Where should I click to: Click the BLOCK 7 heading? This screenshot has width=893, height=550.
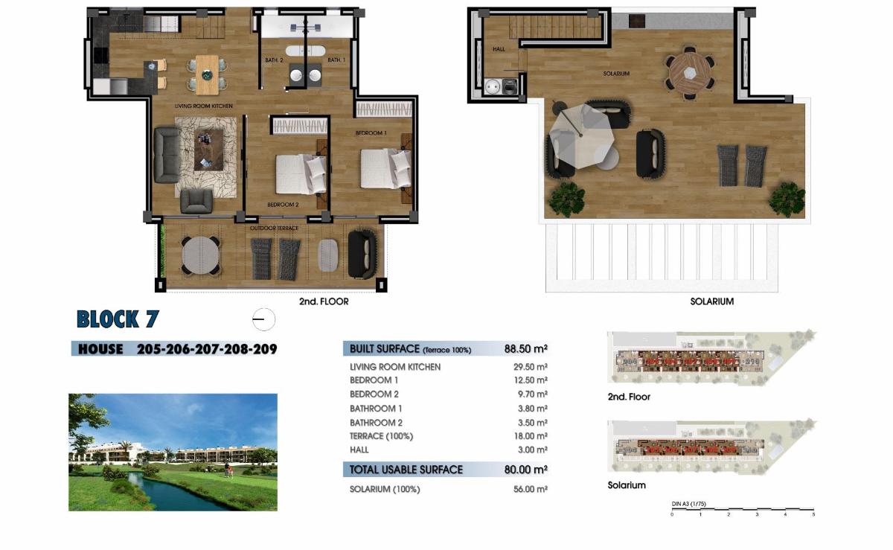pyautogui.click(x=118, y=319)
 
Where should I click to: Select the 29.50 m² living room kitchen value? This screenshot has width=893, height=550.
pyautogui.click(x=531, y=367)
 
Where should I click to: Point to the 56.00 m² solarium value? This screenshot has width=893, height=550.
pyautogui.click(x=531, y=489)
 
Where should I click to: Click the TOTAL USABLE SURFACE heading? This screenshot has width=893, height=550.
pyautogui.click(x=406, y=470)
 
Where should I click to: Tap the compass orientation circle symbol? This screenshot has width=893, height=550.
pyautogui.click(x=263, y=320)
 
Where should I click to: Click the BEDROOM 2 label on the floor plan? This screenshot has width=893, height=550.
pyautogui.click(x=283, y=204)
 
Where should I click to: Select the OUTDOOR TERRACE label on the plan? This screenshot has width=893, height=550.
pyautogui.click(x=274, y=228)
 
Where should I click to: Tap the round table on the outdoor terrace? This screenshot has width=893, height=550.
pyautogui.click(x=201, y=255)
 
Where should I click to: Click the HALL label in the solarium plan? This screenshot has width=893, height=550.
pyautogui.click(x=499, y=49)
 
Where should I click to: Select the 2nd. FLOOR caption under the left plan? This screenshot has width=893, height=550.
pyautogui.click(x=324, y=301)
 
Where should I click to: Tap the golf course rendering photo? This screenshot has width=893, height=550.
pyautogui.click(x=173, y=452)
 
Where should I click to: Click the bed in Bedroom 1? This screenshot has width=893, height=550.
pyautogui.click(x=385, y=168)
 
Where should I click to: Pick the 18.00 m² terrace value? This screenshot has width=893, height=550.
pyautogui.click(x=531, y=436)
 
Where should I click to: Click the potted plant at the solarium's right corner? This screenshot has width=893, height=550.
pyautogui.click(x=787, y=199)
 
